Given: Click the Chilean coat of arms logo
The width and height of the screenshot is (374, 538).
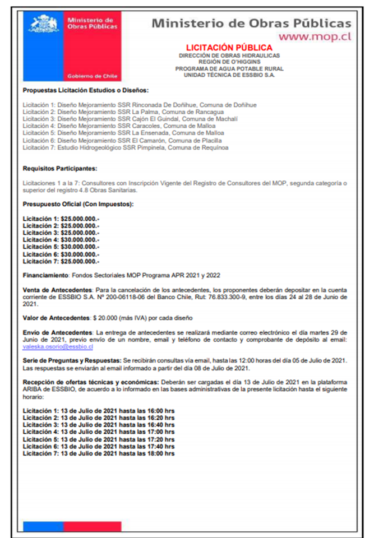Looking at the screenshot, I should pos(44,25).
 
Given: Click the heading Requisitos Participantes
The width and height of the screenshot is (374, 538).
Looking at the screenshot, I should pos(60,168).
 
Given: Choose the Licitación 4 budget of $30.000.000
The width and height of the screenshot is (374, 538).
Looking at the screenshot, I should pos(61,240).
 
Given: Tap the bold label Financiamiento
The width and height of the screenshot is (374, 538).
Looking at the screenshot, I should pos(45,275).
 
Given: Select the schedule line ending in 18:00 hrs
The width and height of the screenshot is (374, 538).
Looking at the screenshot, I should pos(98,453).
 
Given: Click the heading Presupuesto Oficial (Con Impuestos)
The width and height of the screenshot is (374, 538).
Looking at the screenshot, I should pos(78,204).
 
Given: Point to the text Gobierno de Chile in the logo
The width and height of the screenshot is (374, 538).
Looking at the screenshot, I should pos(92,76).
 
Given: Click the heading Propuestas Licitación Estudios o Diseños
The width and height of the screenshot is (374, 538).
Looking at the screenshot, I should pos(85,90).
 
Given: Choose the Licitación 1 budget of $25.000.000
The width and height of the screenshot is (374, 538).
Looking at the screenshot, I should pos(61,218).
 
